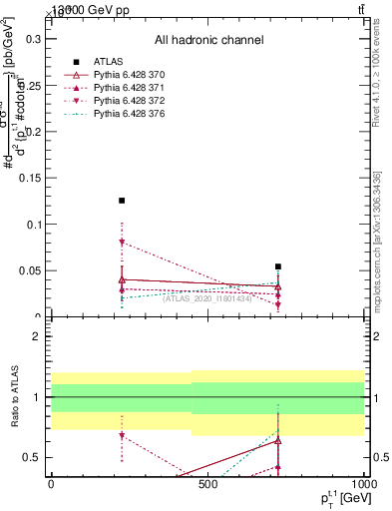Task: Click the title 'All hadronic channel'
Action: pyautogui.click(x=208, y=40)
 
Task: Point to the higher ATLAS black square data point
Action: pyautogui.click(x=122, y=201)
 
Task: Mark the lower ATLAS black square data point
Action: pyautogui.click(x=278, y=266)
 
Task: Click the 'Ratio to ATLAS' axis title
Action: pyautogui.click(x=12, y=396)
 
